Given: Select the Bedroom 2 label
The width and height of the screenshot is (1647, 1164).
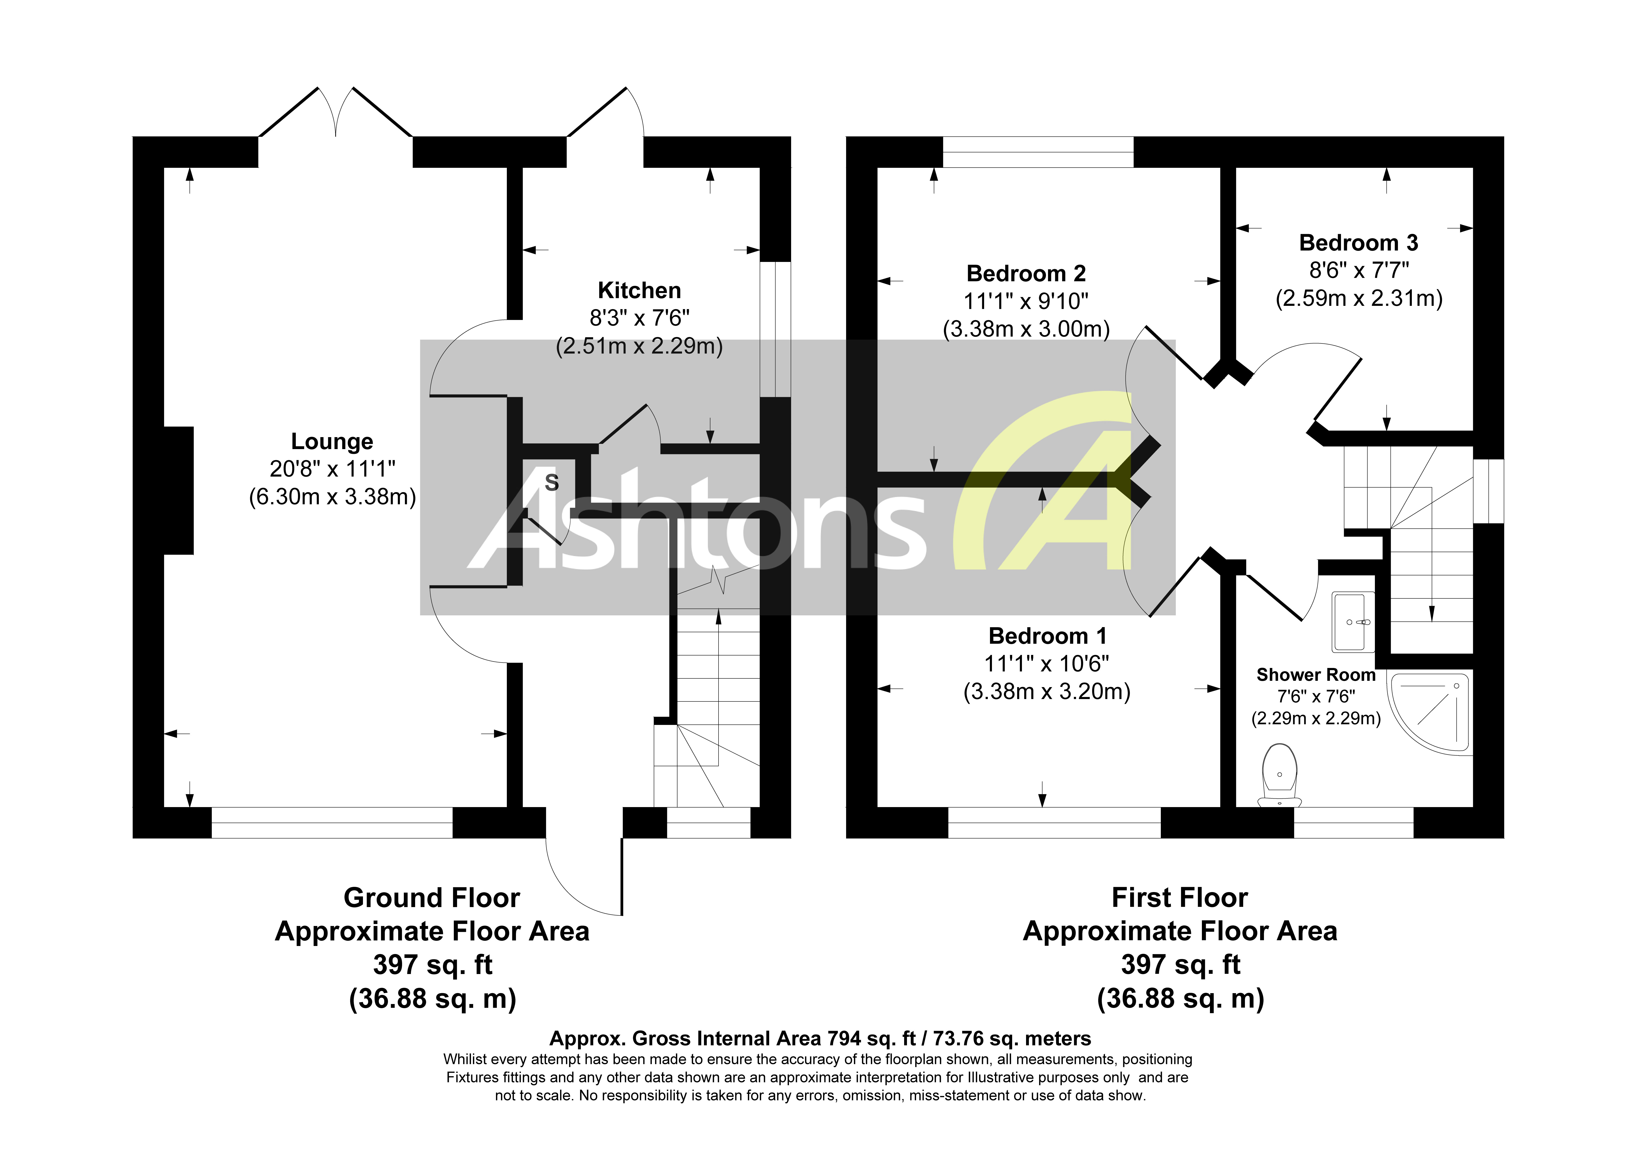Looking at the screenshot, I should click(1026, 273).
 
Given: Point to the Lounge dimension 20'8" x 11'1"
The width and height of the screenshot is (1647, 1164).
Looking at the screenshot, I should click(332, 469).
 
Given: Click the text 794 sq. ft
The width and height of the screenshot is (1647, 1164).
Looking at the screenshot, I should click(871, 1038).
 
